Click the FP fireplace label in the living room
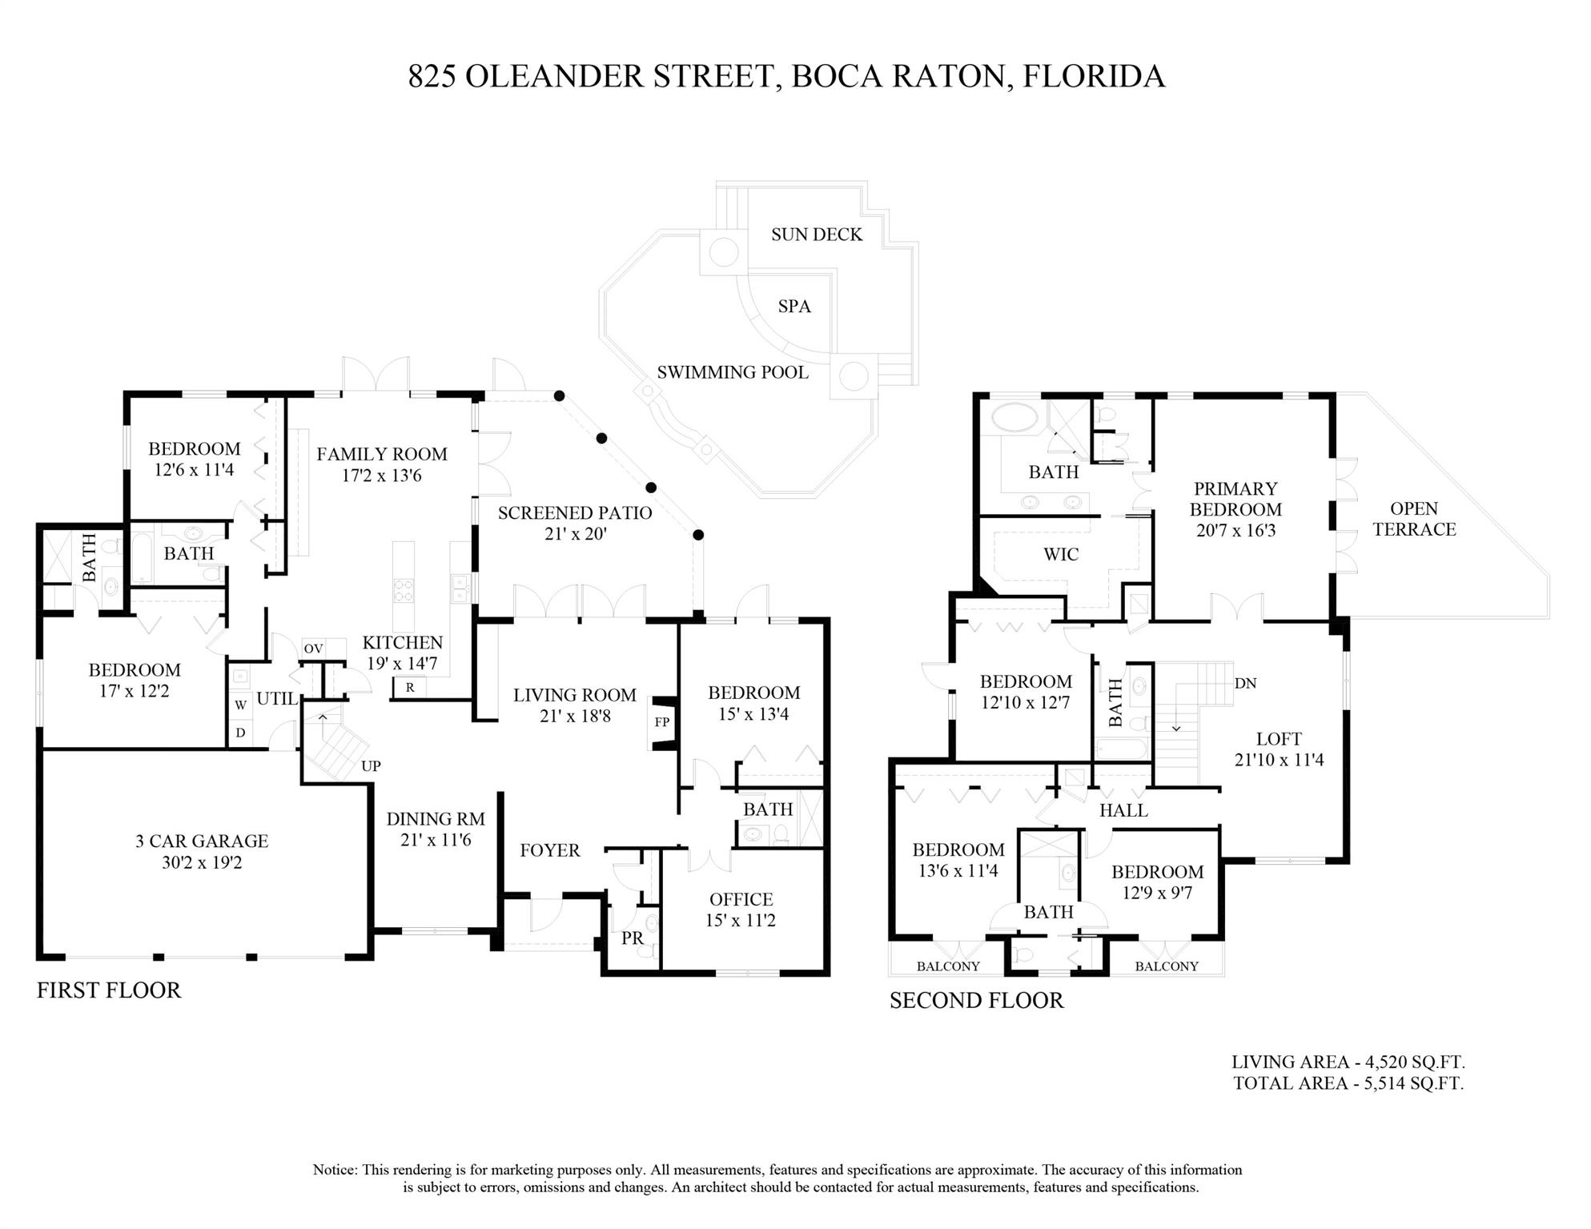click(x=661, y=722)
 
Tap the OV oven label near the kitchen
click(x=313, y=649)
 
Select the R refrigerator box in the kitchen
click(x=410, y=687)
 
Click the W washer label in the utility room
click(x=240, y=705)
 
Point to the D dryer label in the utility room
click(x=240, y=733)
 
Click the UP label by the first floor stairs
click(x=371, y=766)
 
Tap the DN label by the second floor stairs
click(x=1245, y=683)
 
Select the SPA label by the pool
click(x=794, y=307)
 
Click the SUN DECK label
click(x=817, y=235)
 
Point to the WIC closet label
click(x=1061, y=554)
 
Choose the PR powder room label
click(x=633, y=938)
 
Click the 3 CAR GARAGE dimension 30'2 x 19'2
click(x=202, y=862)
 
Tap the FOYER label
click(x=549, y=850)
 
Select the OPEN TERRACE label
click(x=1414, y=519)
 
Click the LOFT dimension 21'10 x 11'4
click(x=1279, y=760)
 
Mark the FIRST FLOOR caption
click(x=109, y=990)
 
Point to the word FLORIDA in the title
click(x=1094, y=76)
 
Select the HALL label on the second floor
click(x=1123, y=810)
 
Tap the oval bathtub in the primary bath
click(x=1014, y=417)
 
